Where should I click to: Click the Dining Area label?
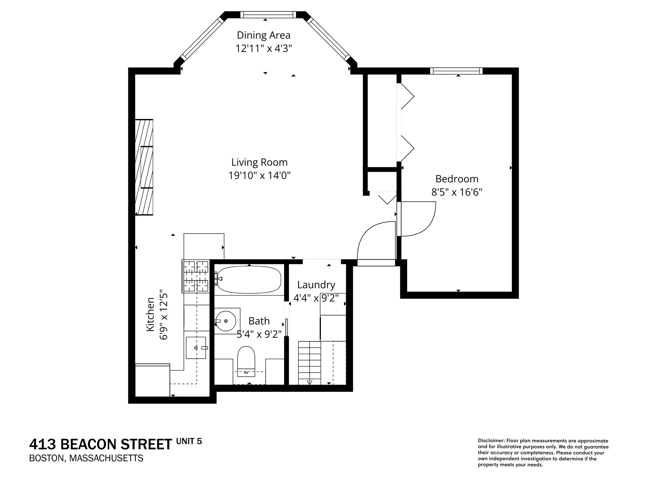(263, 35)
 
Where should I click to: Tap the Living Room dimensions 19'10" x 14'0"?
(259, 176)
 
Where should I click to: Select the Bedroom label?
(457, 179)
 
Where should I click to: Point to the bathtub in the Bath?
(249, 280)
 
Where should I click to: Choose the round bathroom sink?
(226, 321)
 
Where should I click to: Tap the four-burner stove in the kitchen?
(196, 276)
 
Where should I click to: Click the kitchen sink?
(196, 347)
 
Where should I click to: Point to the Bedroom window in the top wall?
(456, 71)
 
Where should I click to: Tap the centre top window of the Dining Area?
(268, 15)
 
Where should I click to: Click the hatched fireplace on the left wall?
(144, 167)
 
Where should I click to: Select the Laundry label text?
(316, 285)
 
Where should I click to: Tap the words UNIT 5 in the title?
(189, 441)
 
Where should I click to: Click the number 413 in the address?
(42, 445)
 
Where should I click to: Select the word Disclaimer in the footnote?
(491, 440)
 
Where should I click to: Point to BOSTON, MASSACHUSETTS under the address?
(86, 458)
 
